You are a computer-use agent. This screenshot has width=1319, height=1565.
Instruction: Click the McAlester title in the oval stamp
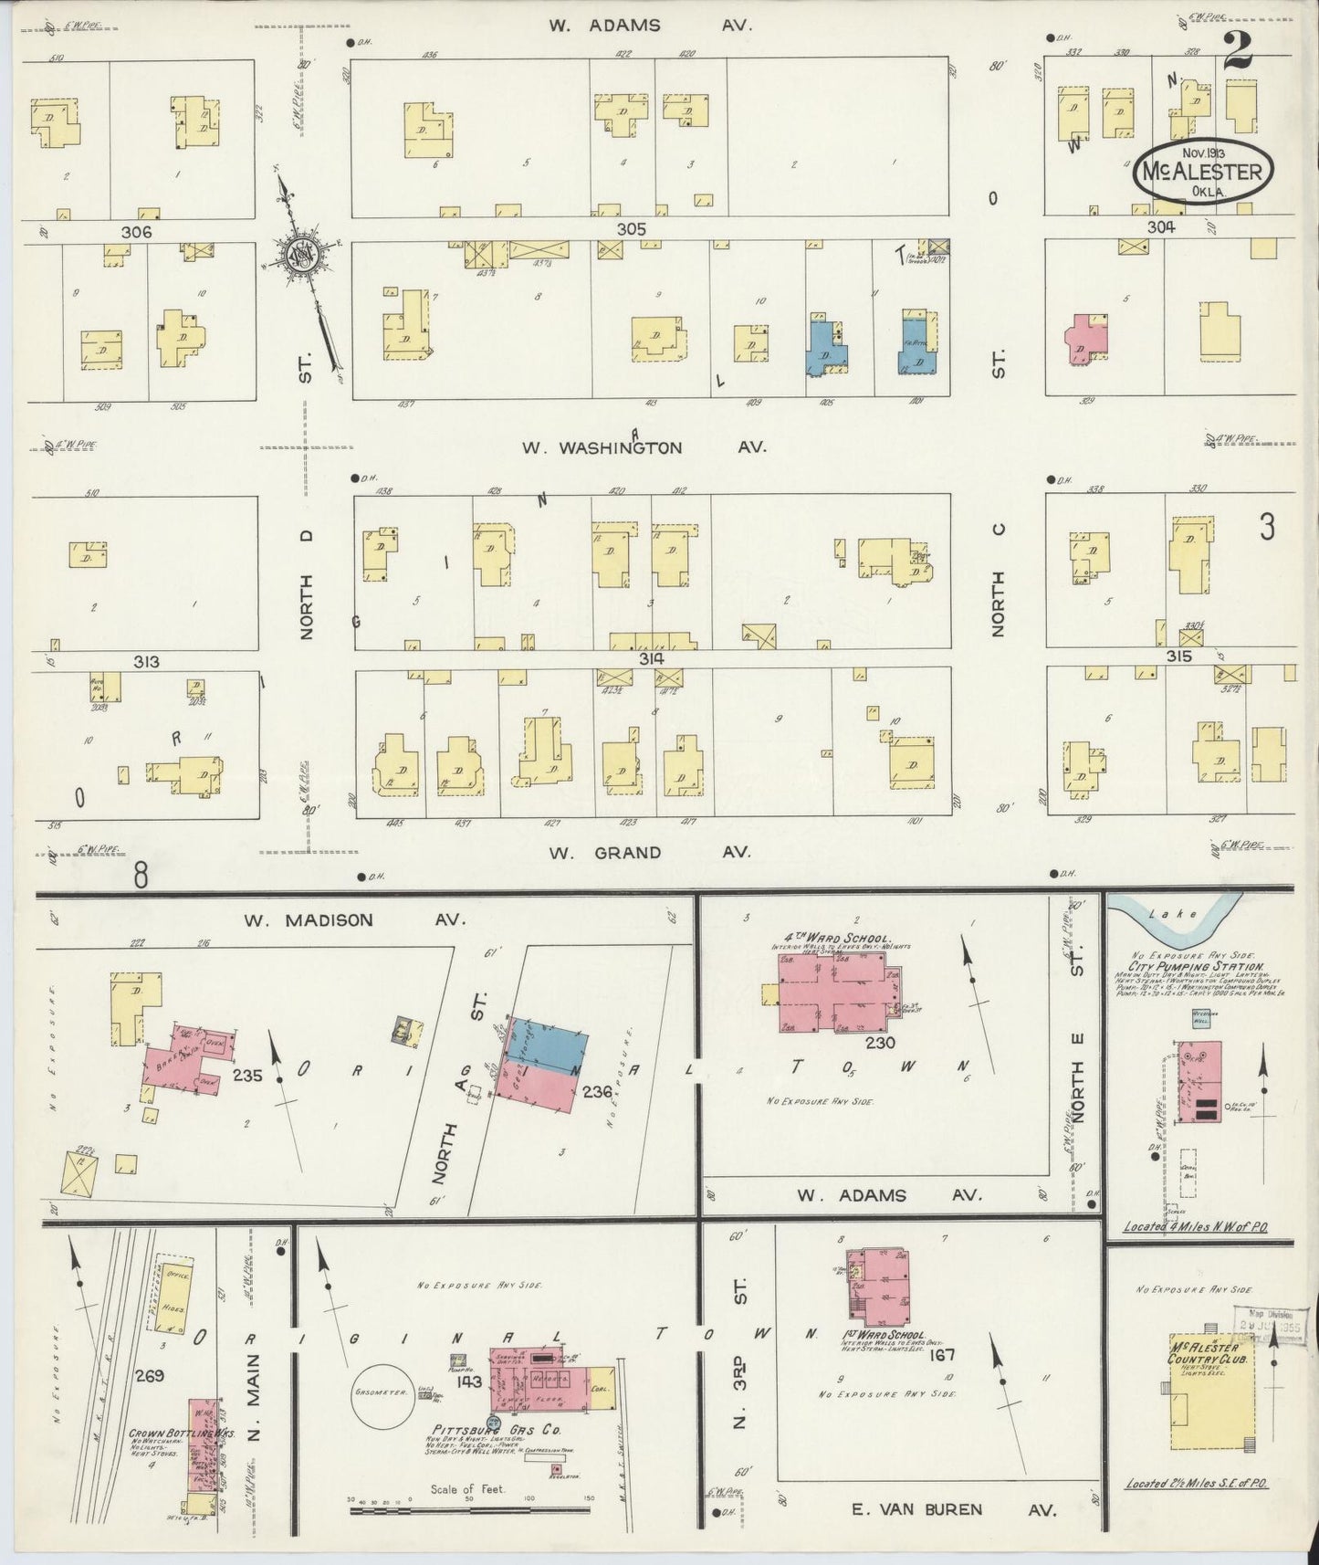coord(1200,171)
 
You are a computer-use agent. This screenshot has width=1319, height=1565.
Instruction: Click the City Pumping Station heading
coord(1195,966)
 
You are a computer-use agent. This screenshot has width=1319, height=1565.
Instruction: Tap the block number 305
coord(631,229)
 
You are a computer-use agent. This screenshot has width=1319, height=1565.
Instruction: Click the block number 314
coord(651,658)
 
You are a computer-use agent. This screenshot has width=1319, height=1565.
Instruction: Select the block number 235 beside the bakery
coord(247,1076)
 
